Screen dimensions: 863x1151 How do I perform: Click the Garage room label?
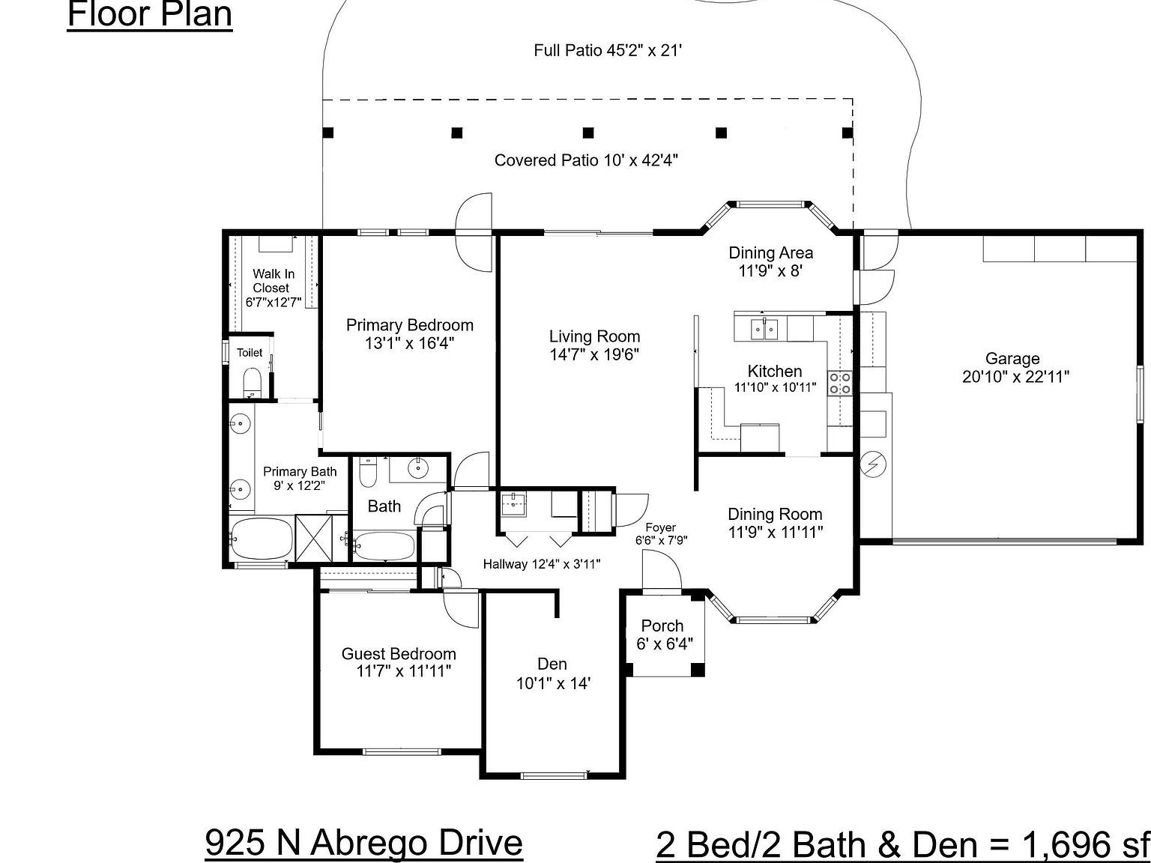(1012, 359)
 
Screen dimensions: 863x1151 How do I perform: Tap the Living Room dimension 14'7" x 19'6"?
(593, 355)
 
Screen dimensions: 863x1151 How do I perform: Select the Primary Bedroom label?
(409, 325)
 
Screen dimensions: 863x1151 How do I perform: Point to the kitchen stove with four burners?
(839, 383)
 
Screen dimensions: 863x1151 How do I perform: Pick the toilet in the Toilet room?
(252, 381)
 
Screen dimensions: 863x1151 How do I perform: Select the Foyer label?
(660, 527)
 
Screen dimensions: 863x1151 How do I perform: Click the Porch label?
(662, 626)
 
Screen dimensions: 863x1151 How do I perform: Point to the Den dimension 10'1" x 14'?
(553, 683)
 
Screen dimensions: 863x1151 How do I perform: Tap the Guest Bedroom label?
(399, 653)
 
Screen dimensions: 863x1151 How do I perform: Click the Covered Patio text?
(586, 160)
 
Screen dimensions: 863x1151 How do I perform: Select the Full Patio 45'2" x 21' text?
(608, 50)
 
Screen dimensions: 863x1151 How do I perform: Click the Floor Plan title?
(150, 15)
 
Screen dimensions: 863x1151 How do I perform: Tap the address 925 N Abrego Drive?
(363, 842)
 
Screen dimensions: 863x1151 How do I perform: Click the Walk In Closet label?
(273, 281)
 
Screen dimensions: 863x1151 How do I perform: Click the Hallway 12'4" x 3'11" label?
(541, 564)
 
